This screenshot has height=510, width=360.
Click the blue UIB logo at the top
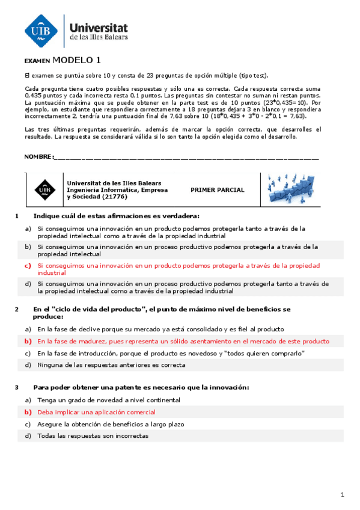coord(41,30)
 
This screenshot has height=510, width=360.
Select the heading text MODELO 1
coord(77,60)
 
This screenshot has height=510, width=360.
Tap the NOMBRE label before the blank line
coord(38,157)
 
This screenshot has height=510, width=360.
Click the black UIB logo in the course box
coord(44,189)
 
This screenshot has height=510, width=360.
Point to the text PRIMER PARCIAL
coord(218,190)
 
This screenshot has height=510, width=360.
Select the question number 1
coord(17,216)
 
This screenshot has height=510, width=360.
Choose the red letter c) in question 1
coord(28,265)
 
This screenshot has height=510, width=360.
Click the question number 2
coord(17,309)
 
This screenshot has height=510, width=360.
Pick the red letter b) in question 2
coord(28,340)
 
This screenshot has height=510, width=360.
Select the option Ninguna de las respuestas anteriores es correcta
coord(111,365)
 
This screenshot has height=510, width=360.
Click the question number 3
coord(17,387)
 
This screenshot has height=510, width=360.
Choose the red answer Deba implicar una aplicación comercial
coord(96,412)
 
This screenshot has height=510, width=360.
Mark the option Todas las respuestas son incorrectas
coord(93,436)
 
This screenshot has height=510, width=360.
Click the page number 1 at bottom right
coord(341,494)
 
